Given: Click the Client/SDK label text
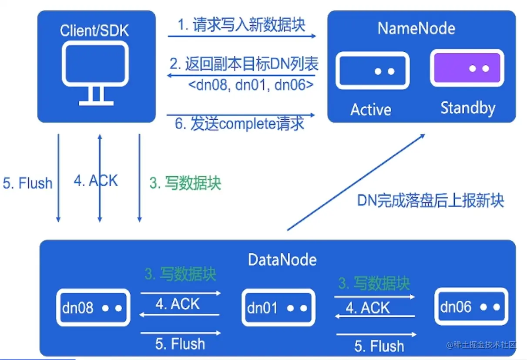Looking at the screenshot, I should coord(94,30).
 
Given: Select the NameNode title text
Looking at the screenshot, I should coord(416,29).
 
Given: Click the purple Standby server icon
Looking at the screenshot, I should coord(467,68).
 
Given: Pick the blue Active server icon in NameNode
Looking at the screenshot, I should coord(373,71).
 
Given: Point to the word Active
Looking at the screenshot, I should coord(371,109).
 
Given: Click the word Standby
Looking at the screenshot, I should coord(468,108).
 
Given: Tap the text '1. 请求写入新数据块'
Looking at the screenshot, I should coord(241,24).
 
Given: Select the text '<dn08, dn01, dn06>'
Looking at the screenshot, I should coord(251,84).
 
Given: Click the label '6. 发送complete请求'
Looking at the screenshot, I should coord(239,124).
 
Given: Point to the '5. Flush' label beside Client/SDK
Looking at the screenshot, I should coord(27,183).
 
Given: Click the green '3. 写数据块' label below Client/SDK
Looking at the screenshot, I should coord(185,183).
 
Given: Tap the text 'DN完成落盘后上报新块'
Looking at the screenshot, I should coord(430,201).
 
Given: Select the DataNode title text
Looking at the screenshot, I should coord(282,260).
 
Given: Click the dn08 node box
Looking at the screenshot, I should coord(93,308).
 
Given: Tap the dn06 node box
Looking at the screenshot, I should coord(471,307).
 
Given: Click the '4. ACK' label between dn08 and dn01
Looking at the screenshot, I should coord(178,304).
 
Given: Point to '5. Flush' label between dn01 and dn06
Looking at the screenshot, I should coord(379,346).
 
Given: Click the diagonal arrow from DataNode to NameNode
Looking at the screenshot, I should coord(356,182).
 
